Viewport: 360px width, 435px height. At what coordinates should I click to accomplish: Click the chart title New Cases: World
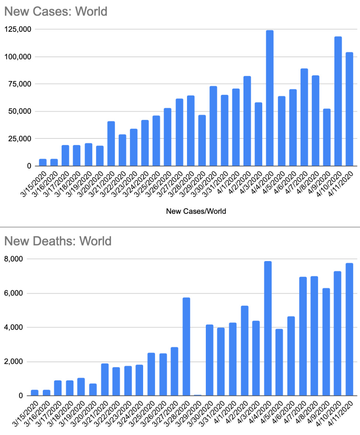55,11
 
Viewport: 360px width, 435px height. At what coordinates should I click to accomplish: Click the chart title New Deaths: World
58,241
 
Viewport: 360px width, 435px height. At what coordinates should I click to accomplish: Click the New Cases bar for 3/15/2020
43,162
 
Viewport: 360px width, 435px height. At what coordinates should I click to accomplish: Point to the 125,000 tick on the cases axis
18,29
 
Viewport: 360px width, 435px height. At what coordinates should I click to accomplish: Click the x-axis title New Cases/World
196,212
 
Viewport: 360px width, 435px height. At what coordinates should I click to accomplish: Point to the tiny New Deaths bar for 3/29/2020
198,395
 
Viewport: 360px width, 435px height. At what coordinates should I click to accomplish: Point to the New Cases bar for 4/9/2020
326,137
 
